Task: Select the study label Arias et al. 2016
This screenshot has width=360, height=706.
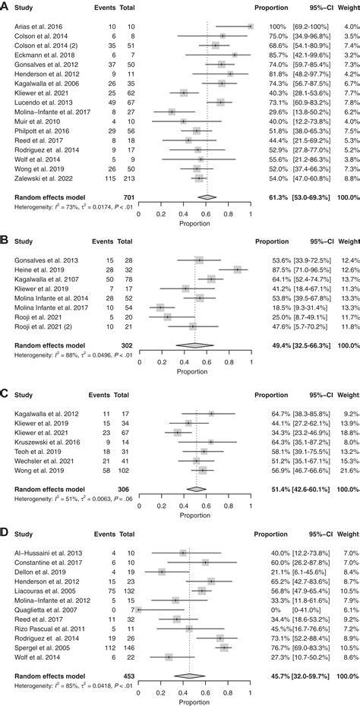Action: pos(39,26)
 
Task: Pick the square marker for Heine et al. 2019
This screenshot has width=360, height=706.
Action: pos(238,269)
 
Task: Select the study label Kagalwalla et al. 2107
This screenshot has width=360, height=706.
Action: pos(47,279)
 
